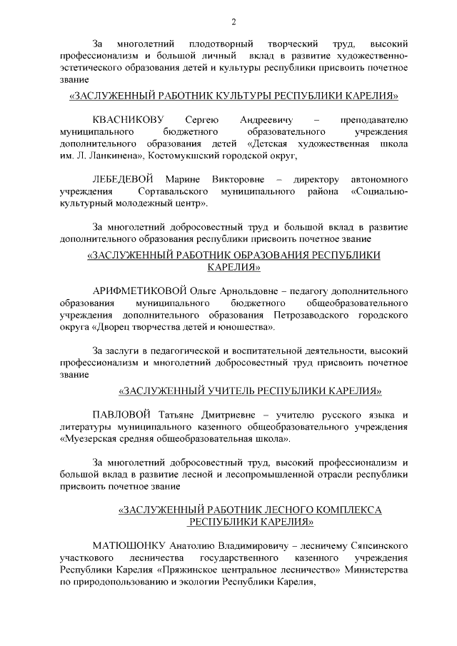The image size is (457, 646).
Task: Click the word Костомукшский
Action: coord(189,156)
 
